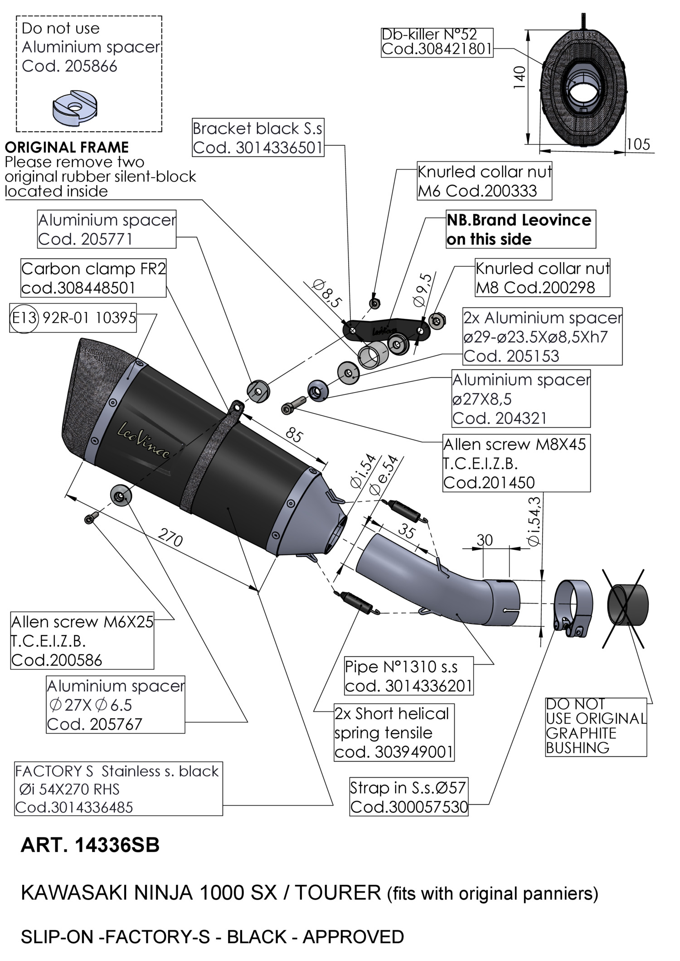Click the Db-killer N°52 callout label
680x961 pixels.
[x=437, y=42]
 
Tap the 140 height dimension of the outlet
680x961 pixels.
[x=520, y=77]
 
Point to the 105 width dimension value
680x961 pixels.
[x=638, y=144]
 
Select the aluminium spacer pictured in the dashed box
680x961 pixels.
[x=75, y=108]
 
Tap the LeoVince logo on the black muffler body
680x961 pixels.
[x=144, y=439]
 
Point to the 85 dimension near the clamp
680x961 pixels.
[x=294, y=435]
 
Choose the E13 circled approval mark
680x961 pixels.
[x=24, y=318]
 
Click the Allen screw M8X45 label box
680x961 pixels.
[x=516, y=463]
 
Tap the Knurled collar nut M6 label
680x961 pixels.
[x=484, y=181]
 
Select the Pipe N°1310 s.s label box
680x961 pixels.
[x=408, y=676]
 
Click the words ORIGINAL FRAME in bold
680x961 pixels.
[x=67, y=148]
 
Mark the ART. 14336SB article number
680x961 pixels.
[x=90, y=846]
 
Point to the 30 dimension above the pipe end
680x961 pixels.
[x=485, y=540]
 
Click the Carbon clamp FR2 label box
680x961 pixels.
[x=93, y=278]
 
